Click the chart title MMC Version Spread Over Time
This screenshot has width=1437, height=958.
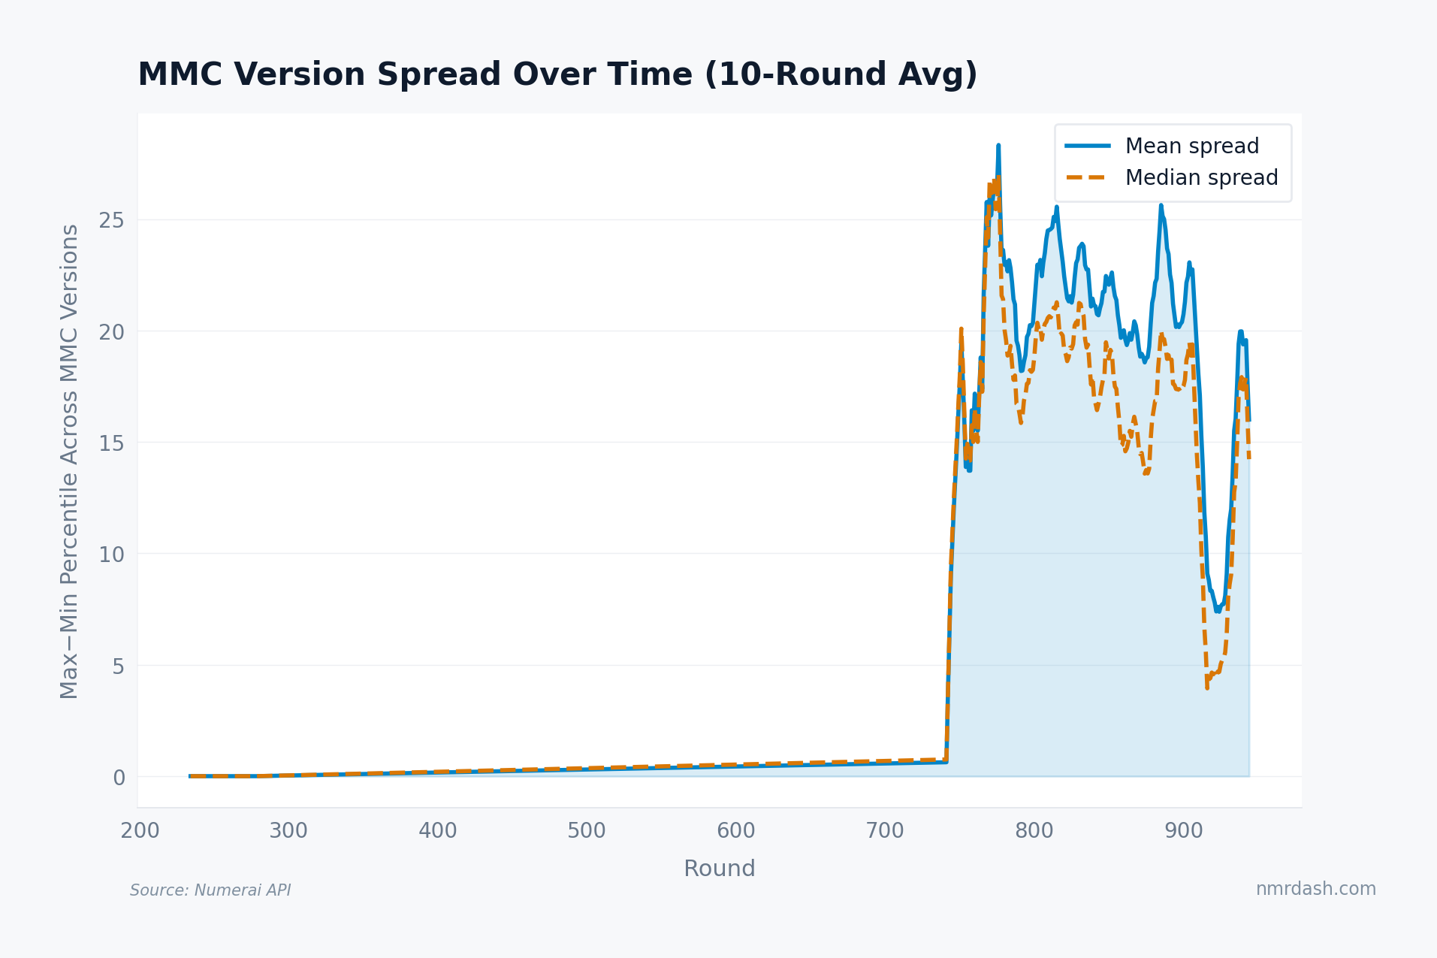[x=557, y=75]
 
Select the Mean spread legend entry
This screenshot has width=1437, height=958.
[x=1191, y=146]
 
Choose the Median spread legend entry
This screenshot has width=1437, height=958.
[x=1200, y=178]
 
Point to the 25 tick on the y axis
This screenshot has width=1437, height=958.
[x=111, y=220]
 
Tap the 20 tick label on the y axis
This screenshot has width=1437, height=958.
[x=111, y=331]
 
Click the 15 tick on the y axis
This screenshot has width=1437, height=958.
[x=111, y=443]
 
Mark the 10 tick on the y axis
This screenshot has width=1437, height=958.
[x=111, y=555]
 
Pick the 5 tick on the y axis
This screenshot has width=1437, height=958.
[x=118, y=666]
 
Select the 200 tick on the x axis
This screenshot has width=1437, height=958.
[x=140, y=831]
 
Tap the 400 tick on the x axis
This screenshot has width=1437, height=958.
[x=438, y=831]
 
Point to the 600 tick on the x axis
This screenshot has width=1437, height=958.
[x=735, y=831]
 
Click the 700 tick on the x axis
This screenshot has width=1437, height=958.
[x=885, y=831]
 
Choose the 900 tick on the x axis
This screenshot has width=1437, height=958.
[x=1183, y=831]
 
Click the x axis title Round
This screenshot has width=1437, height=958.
[x=719, y=869]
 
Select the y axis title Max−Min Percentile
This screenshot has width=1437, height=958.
[x=69, y=461]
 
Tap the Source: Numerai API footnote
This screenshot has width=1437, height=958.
[x=210, y=890]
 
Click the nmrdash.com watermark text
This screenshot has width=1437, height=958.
[x=1315, y=889]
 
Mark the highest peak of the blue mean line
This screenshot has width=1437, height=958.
[x=998, y=146]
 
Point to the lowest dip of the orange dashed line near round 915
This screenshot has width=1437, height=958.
[x=1207, y=687]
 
